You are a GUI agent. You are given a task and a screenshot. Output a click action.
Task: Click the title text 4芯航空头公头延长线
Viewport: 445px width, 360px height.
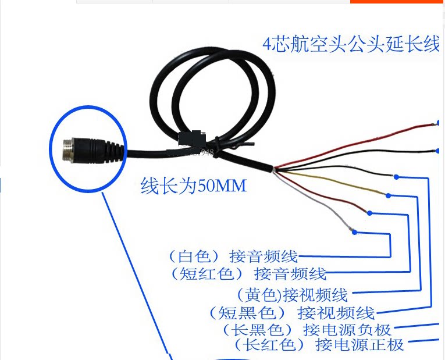coord(351,45)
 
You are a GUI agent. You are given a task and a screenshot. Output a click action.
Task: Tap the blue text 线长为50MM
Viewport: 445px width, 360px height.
coord(194,186)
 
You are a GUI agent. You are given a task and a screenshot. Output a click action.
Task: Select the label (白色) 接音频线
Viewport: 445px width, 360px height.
coord(233,256)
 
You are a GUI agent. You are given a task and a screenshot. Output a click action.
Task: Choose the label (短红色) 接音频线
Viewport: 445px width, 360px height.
coord(248,273)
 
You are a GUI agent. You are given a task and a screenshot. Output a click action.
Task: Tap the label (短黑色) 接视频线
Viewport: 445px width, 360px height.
coord(291,313)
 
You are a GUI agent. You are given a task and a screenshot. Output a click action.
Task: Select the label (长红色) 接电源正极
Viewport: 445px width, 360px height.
coord(319,344)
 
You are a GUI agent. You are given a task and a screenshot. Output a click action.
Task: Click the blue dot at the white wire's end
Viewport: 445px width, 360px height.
coord(355,233)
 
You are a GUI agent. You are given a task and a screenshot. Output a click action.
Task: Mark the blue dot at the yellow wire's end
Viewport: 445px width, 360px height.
coord(388,195)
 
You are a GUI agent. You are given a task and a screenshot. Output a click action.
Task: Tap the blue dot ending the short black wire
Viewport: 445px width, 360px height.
coord(396,176)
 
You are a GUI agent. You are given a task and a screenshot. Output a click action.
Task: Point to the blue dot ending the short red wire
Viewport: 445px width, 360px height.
coord(370,213)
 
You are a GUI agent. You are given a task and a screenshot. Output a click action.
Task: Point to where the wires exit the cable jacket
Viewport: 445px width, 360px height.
coord(272,168)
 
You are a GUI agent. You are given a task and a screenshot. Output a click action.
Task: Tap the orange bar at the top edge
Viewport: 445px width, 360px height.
coord(397,2)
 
